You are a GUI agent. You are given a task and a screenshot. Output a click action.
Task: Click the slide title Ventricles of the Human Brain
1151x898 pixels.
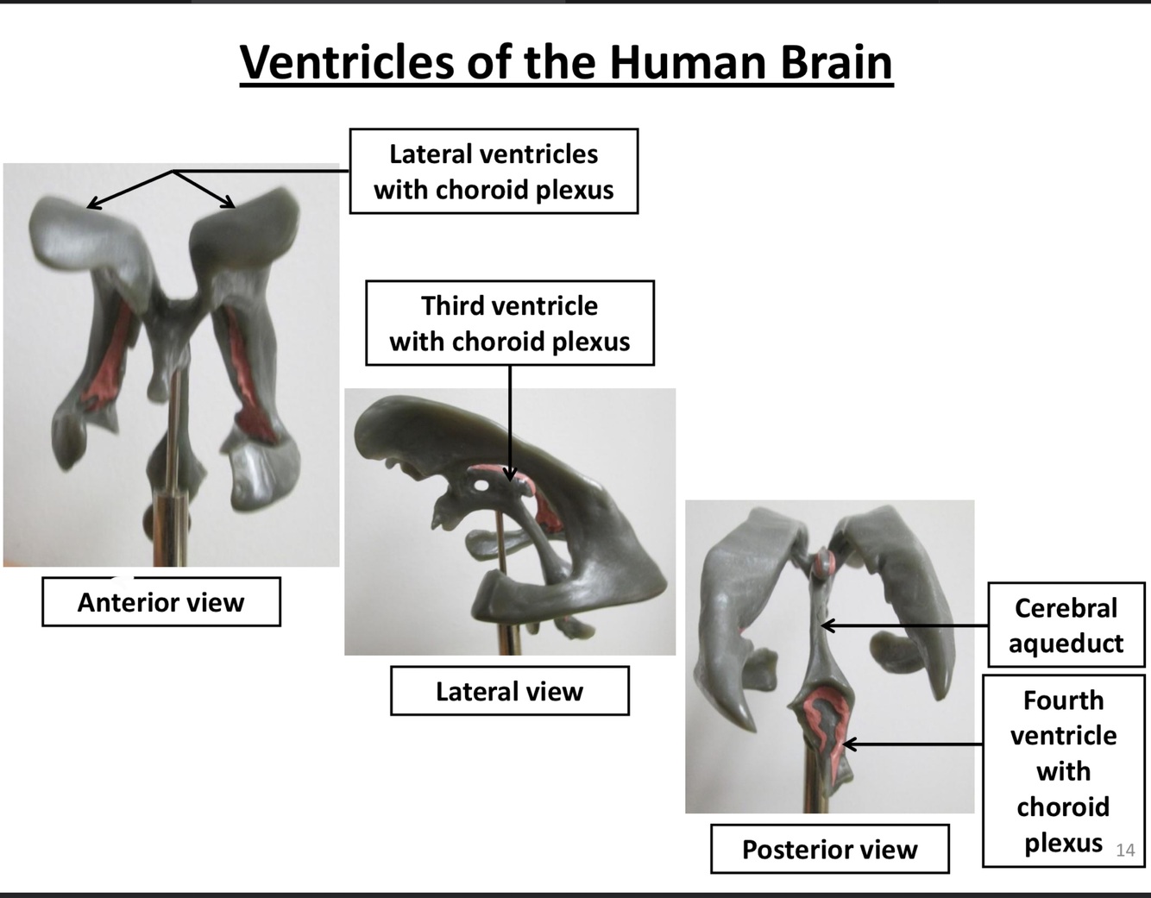point(566,62)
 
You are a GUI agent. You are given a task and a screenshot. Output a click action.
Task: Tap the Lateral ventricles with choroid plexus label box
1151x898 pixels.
point(494,172)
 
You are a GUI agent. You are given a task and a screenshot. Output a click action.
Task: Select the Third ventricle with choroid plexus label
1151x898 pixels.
point(509,323)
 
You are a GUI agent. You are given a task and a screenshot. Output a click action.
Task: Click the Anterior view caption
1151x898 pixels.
point(161,602)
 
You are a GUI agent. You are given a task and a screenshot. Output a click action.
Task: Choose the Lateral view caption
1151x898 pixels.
point(509,691)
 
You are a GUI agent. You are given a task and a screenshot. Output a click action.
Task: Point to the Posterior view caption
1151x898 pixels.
point(829,850)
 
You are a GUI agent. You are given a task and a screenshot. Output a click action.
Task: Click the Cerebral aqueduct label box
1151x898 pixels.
point(1066,625)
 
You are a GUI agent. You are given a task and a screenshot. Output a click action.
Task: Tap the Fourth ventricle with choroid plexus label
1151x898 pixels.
point(1063,770)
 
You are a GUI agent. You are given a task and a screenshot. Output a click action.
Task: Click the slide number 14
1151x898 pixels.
point(1125,851)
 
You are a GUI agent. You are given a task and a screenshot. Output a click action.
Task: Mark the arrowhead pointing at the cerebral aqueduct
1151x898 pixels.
point(825,625)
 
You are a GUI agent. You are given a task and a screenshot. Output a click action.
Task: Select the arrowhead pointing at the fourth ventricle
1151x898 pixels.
point(848,744)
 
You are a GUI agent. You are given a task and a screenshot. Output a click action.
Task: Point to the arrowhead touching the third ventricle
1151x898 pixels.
point(510,474)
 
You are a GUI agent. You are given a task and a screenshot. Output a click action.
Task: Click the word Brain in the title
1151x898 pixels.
point(835,62)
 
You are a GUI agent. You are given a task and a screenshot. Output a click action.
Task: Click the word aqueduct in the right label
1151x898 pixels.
point(1066,644)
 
